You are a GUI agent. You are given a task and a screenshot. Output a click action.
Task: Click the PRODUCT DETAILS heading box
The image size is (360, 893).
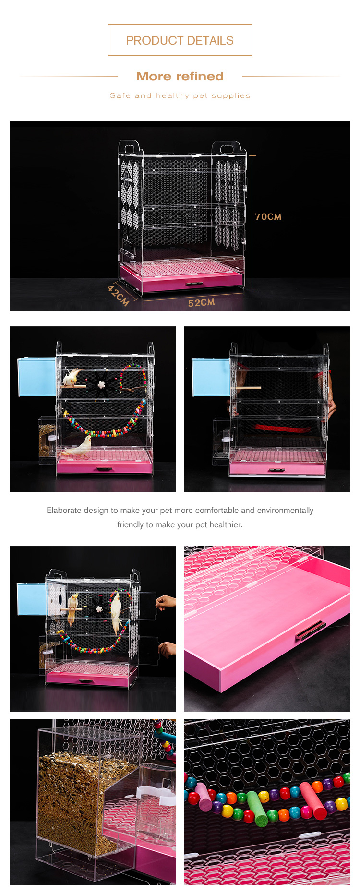coord(180,40)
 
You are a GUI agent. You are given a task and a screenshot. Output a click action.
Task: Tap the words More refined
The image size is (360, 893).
coord(180,76)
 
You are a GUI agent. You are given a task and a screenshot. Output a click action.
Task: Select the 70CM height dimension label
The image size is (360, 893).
coord(268,217)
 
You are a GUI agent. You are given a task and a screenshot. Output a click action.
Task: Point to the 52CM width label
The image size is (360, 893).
coord(201,303)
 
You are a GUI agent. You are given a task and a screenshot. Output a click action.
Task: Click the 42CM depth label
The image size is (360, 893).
coord(118,295)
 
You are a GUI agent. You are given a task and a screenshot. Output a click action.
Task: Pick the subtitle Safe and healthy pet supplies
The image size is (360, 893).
coord(180,95)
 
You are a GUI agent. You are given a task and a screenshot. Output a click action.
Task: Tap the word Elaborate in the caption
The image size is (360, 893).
coord(64,510)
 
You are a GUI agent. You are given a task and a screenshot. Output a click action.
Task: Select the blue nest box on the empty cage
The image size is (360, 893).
coord(211,378)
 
